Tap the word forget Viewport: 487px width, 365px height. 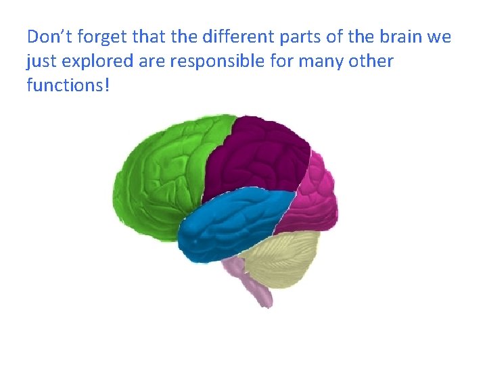click(95, 36)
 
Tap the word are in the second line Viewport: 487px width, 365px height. click(152, 62)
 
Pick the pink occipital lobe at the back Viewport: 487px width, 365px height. click(315, 196)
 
